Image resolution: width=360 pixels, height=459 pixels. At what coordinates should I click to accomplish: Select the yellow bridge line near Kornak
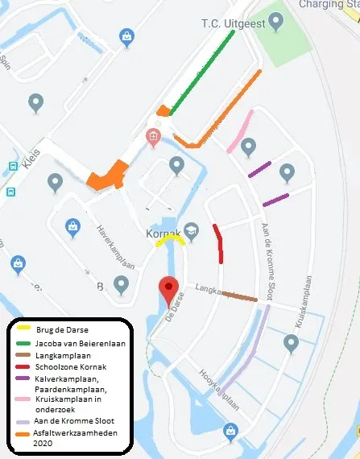(171, 239)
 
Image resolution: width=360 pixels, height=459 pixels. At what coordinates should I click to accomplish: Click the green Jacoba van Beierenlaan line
(201, 72)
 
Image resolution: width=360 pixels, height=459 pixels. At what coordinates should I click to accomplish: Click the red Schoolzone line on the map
(219, 243)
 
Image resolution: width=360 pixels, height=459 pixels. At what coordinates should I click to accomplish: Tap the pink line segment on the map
(241, 131)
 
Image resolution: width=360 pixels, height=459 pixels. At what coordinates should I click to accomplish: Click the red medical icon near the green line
(153, 136)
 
